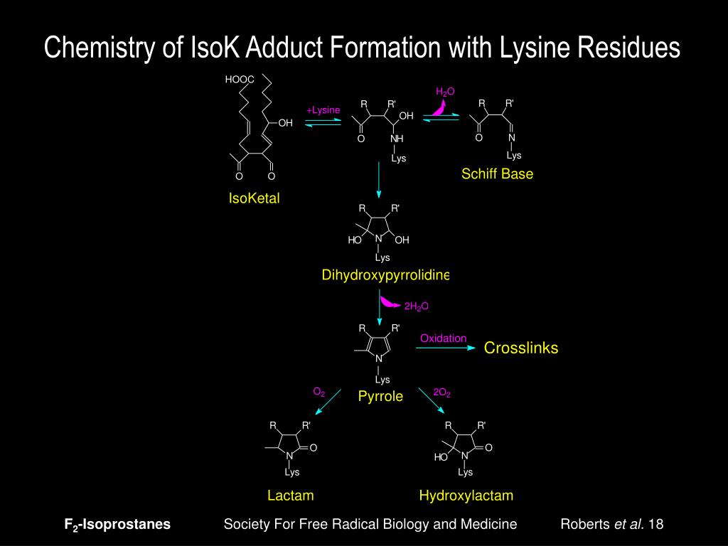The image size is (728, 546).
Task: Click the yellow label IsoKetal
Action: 254,198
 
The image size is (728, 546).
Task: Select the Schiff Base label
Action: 497,173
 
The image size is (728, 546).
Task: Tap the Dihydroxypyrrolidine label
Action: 385,275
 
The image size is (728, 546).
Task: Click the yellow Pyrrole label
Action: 380,397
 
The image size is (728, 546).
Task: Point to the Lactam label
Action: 290,496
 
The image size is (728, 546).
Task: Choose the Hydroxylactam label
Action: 466,496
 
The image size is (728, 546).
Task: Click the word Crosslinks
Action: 521,348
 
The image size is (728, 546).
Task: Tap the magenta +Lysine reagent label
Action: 323,110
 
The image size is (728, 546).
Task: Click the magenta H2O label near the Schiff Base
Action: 445,92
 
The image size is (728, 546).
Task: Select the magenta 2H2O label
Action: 417,306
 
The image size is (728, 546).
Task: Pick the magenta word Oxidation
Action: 443,338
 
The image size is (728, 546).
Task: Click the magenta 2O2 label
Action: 442,392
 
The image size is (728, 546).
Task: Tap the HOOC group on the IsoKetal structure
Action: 240,80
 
